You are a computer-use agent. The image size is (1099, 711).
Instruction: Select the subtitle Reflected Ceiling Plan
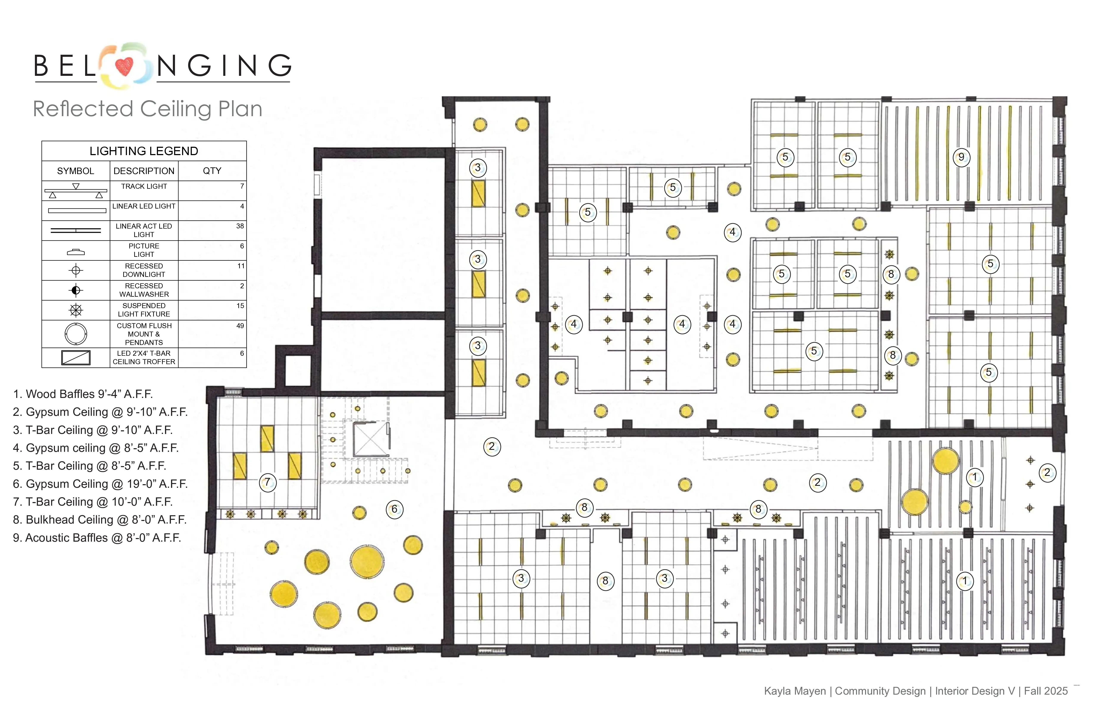tap(148, 109)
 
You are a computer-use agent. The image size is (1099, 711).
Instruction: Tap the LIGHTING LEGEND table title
tap(144, 151)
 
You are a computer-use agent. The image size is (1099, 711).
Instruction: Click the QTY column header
tap(212, 171)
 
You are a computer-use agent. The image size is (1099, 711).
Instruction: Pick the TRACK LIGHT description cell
tap(144, 187)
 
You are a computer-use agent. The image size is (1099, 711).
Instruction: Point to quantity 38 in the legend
tap(240, 226)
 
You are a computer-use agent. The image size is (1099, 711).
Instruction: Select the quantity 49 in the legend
tap(240, 326)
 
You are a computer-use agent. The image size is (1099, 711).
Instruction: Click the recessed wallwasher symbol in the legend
tap(76, 290)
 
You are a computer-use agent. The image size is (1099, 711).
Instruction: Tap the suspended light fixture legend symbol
tap(76, 310)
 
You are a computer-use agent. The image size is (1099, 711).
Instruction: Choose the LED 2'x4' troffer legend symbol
tap(76, 358)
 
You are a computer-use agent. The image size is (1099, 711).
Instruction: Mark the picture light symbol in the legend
tap(76, 252)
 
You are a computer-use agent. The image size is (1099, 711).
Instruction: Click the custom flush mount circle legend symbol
tap(76, 334)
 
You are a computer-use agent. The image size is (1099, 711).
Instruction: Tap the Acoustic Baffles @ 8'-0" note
tap(97, 538)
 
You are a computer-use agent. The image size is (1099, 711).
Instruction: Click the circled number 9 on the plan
tap(961, 157)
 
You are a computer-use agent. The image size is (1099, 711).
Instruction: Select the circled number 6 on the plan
tap(394, 509)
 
